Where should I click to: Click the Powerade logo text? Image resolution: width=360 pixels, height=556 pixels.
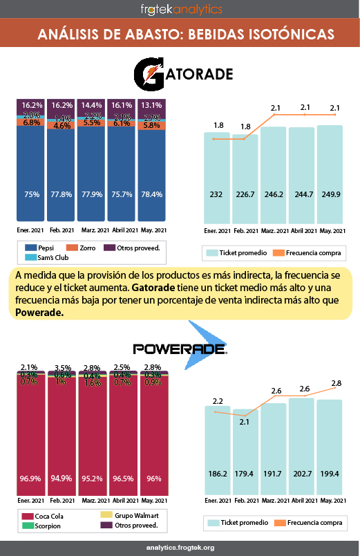click(180, 348)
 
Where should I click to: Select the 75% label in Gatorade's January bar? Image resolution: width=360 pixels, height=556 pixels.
click(31, 195)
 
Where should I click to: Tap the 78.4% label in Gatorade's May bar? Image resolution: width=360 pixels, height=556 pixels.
click(152, 195)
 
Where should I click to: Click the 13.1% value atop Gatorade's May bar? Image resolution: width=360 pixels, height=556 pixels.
click(152, 105)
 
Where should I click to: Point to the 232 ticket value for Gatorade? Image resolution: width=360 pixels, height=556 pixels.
click(217, 195)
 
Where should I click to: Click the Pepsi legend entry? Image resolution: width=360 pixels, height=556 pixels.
click(41, 247)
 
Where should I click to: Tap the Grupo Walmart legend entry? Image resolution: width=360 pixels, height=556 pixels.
click(131, 515)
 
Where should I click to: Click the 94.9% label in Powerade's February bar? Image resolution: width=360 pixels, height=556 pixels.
click(61, 477)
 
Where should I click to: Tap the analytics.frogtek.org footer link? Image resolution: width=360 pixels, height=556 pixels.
click(180, 547)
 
